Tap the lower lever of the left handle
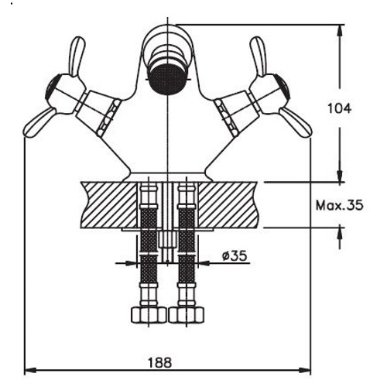pyautogui.click(x=39, y=123)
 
